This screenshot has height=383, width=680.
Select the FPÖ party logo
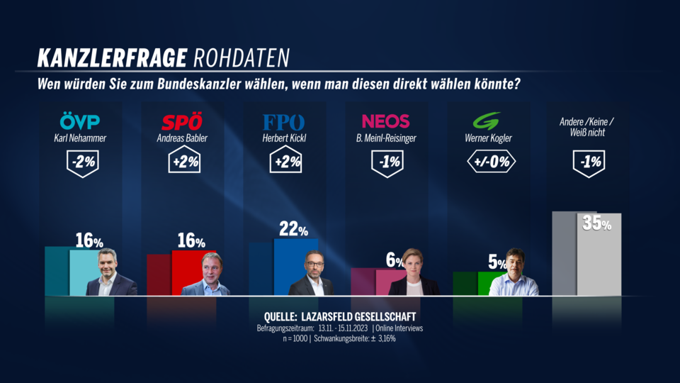283,121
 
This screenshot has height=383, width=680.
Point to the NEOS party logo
385,121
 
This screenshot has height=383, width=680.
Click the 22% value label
293,229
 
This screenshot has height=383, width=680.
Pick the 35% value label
597,223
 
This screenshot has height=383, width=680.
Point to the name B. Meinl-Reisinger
385,138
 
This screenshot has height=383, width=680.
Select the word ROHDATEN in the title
242,57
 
